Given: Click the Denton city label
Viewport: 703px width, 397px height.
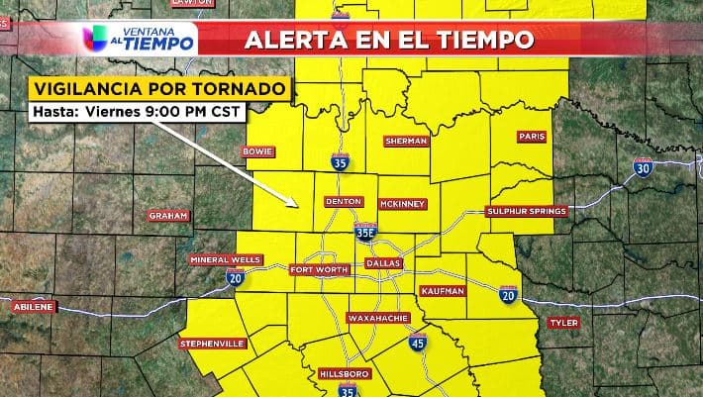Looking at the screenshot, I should (x=343, y=201).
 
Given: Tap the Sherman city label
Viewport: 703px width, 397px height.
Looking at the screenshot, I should (x=406, y=142).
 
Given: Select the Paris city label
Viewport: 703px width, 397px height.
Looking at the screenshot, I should (x=533, y=137).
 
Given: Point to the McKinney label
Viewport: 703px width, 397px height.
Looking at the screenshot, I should (x=402, y=204).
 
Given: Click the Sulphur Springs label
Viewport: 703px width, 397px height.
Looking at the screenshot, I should (x=526, y=212).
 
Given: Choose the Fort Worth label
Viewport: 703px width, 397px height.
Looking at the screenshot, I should (x=319, y=269).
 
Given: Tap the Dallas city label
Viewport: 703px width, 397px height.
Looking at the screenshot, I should (x=384, y=263).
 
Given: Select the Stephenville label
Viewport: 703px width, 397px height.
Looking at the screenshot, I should (x=212, y=344).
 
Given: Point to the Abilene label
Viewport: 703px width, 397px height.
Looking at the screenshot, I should (x=34, y=307).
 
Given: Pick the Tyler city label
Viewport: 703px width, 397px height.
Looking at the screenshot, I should (x=564, y=323).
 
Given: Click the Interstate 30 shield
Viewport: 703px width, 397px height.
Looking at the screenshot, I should (x=643, y=167).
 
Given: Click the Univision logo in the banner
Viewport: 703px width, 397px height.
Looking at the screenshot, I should (x=97, y=39).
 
